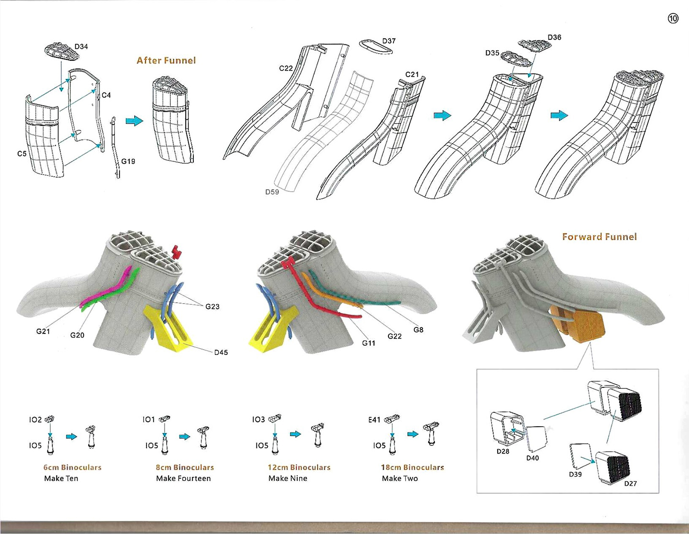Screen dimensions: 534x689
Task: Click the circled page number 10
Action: coord(673,19)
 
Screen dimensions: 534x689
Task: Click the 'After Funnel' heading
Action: coord(166,60)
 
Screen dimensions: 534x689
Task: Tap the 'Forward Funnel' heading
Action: coord(599,237)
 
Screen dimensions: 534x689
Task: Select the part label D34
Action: coord(81,46)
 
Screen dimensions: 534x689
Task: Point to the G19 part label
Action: coord(128,161)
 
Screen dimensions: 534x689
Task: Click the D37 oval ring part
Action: coord(376,46)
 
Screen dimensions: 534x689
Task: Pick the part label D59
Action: coord(272,192)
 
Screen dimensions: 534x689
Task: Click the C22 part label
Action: coord(286,68)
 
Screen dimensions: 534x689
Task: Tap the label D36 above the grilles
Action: coord(554,37)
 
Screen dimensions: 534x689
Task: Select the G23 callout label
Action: coord(212,307)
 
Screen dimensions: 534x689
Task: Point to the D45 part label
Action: coord(221,352)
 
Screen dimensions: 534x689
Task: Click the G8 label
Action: coord(418,329)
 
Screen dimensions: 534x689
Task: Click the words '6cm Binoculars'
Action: coord(72,467)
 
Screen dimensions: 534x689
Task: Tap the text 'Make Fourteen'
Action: coord(183,478)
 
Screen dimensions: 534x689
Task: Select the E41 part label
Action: coord(374,420)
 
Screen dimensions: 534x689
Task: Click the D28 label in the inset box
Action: coord(503,451)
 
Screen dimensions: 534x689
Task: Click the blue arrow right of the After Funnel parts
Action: coord(134,121)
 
